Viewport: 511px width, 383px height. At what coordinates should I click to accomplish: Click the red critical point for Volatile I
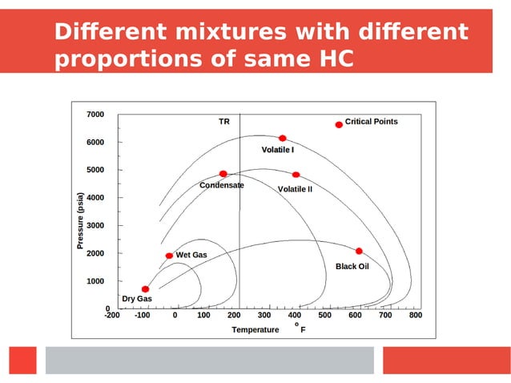[x=282, y=139]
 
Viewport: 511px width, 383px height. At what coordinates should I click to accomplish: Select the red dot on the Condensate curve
[x=223, y=174]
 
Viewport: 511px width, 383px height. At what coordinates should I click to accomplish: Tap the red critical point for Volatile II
[x=296, y=175]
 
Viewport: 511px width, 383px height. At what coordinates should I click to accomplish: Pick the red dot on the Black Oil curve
[x=359, y=252]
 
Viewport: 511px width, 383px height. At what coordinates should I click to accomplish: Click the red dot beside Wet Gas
[x=169, y=256]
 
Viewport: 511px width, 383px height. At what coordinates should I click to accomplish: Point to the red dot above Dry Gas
[x=145, y=289]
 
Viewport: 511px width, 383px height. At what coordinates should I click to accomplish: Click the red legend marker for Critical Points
[x=339, y=124]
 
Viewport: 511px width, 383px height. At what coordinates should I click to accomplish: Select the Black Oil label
[x=352, y=266]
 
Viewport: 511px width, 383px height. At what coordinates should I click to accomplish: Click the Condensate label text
[x=221, y=185]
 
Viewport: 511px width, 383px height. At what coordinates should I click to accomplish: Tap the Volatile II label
[x=295, y=189]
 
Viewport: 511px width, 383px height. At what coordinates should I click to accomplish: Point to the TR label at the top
[x=224, y=122]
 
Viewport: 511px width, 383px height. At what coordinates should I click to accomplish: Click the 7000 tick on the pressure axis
[x=95, y=115]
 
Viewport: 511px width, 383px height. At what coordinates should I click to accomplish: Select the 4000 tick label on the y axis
[x=95, y=198]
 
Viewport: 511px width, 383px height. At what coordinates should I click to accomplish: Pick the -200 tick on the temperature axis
[x=112, y=316]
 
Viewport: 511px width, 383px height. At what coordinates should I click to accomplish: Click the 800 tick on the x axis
[x=415, y=316]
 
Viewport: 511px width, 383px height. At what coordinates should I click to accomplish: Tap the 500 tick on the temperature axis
[x=324, y=316]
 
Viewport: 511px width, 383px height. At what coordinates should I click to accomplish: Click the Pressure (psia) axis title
[x=80, y=220]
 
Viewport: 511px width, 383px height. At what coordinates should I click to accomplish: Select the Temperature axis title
[x=255, y=329]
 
